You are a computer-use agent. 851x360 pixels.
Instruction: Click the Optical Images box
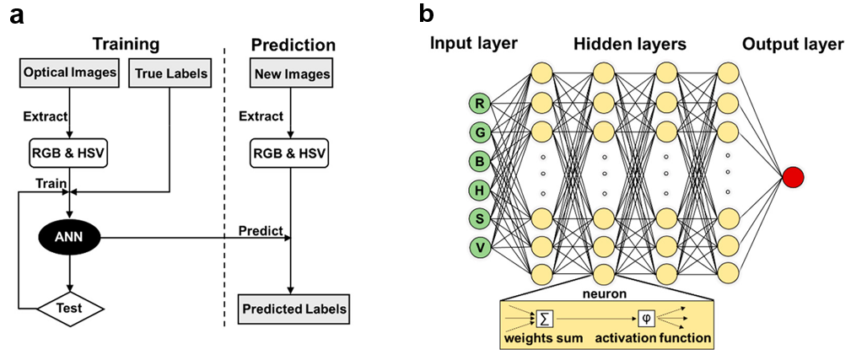69,73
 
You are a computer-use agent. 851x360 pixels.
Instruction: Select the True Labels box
170,73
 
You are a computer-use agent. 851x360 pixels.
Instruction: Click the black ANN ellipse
70,239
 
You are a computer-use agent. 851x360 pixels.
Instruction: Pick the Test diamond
70,308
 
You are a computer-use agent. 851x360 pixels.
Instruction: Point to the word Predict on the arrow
258,228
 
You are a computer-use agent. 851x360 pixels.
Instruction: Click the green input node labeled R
480,105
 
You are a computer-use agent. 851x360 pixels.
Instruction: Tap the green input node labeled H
480,190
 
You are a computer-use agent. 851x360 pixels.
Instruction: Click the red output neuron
793,177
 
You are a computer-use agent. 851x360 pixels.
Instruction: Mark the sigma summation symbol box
543,319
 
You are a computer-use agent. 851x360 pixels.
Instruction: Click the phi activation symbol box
646,319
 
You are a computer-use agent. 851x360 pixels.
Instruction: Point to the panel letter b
428,14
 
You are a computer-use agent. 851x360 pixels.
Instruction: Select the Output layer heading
792,44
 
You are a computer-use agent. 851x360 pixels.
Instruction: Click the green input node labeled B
480,161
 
